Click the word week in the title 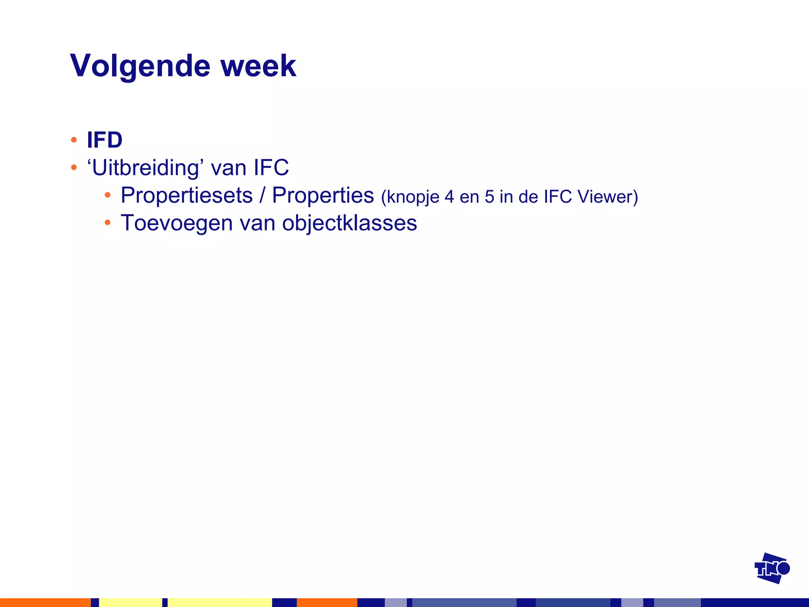coord(258,66)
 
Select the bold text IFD coord(105,140)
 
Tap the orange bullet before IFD coord(73,140)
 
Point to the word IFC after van coord(271,168)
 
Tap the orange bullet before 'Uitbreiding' coord(73,168)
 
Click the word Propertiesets coord(186,196)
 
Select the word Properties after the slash coord(323,195)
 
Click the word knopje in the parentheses coord(410,197)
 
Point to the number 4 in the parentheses coord(449,197)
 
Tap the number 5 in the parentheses coord(489,197)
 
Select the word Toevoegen coord(177,223)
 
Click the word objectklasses coord(350,223)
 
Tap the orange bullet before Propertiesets coord(107,195)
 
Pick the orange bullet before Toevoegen coord(107,223)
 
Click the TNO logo coord(772,568)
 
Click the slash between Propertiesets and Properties coord(262,196)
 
